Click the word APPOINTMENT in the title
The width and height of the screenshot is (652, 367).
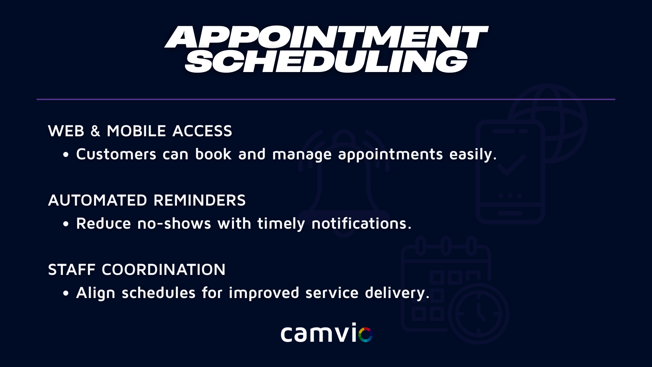click(326, 37)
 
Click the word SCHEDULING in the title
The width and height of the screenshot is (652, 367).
click(326, 62)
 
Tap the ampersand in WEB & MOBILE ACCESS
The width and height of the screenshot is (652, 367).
click(95, 131)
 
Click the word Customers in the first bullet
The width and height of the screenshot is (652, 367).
click(116, 154)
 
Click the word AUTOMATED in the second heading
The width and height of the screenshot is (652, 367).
click(98, 200)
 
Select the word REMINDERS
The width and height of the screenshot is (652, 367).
click(200, 200)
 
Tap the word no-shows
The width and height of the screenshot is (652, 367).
click(174, 224)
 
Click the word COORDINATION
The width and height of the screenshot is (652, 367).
click(164, 270)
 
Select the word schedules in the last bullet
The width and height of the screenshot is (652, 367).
click(159, 293)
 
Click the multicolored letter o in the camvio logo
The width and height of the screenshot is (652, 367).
click(365, 334)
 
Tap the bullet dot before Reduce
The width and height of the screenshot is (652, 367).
click(66, 224)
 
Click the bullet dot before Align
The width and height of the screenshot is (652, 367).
click(66, 294)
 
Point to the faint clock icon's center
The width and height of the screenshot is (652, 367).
click(478, 314)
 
